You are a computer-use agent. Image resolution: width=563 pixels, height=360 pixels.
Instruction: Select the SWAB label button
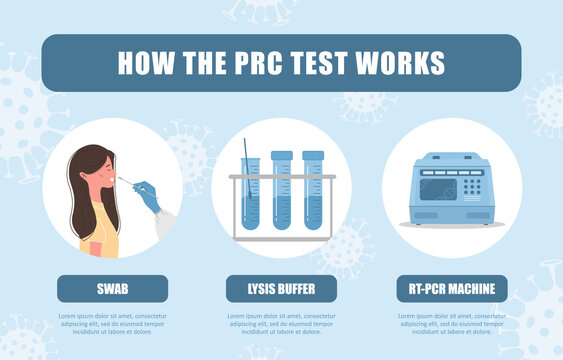pos(112,289)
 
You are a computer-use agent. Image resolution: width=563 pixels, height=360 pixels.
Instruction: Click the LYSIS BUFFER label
pos(281,289)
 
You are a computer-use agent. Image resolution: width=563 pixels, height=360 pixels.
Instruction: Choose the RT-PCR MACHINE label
pos(451,289)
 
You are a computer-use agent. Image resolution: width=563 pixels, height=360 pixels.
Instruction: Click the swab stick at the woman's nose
pos(127,181)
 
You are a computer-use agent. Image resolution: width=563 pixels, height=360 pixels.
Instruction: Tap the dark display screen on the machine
pos(436,189)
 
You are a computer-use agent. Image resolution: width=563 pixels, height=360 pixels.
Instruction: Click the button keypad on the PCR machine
pos(471,186)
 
